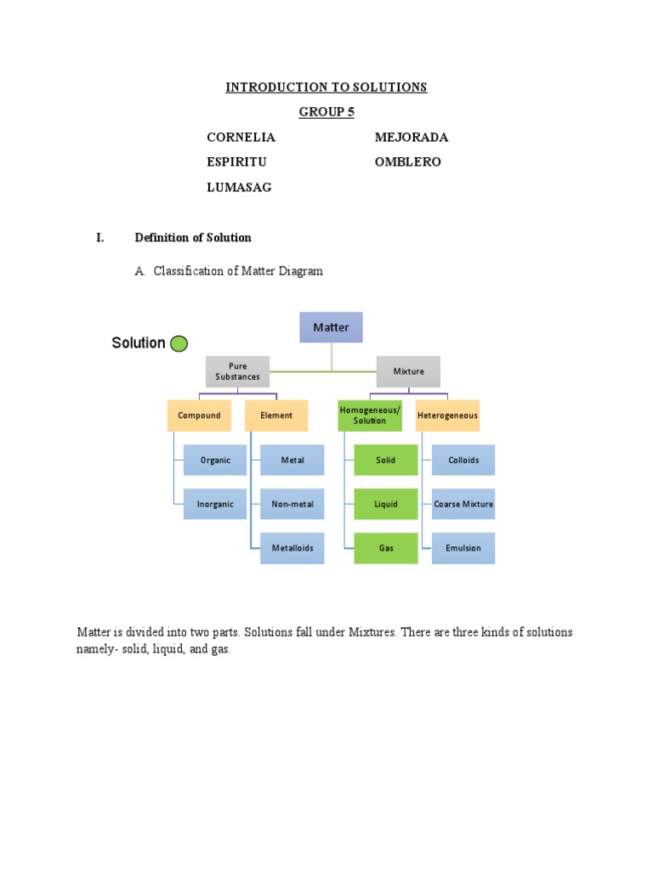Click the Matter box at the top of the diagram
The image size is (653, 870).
[331, 327]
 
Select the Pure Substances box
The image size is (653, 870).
[238, 371]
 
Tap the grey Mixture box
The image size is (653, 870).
[408, 371]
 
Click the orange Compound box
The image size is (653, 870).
[199, 415]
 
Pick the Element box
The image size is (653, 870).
[276, 415]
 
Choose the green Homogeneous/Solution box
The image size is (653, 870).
[370, 415]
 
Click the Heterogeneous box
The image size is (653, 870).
[447, 415]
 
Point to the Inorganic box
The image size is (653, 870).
[215, 504]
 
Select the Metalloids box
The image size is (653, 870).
[292, 548]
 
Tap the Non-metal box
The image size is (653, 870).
[292, 504]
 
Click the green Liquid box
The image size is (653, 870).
[386, 504]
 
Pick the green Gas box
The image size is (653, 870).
[386, 548]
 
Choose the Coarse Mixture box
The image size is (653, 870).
[463, 504]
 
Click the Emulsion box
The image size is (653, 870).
[463, 548]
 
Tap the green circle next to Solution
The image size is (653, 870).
[179, 343]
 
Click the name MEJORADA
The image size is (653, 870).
[412, 137]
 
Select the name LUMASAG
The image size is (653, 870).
[239, 188]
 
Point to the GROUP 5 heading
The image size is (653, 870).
[326, 112]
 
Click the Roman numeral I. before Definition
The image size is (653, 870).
[100, 238]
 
